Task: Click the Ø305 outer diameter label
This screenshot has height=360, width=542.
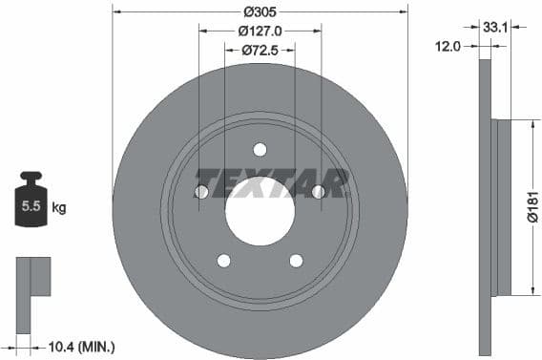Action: click(x=260, y=12)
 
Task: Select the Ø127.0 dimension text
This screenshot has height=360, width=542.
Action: click(x=260, y=31)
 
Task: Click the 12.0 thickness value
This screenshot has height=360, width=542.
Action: click(x=448, y=45)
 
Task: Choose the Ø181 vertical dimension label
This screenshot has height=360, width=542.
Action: click(x=532, y=205)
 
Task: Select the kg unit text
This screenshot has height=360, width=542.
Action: click(x=58, y=206)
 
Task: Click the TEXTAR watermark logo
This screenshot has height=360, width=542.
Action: click(x=273, y=181)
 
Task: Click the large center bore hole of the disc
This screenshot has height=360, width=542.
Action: click(x=260, y=209)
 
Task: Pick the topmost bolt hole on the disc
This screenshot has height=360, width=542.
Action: click(x=260, y=148)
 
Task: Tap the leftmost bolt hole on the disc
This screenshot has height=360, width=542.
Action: click(x=201, y=192)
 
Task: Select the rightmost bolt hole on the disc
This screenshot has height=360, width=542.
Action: click(x=319, y=192)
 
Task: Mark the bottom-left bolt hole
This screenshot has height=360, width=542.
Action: click(x=223, y=260)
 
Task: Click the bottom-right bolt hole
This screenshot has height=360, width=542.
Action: click(x=296, y=260)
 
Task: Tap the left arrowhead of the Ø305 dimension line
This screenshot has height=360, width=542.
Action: click(x=116, y=12)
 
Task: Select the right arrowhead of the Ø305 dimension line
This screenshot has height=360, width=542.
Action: click(x=405, y=12)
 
